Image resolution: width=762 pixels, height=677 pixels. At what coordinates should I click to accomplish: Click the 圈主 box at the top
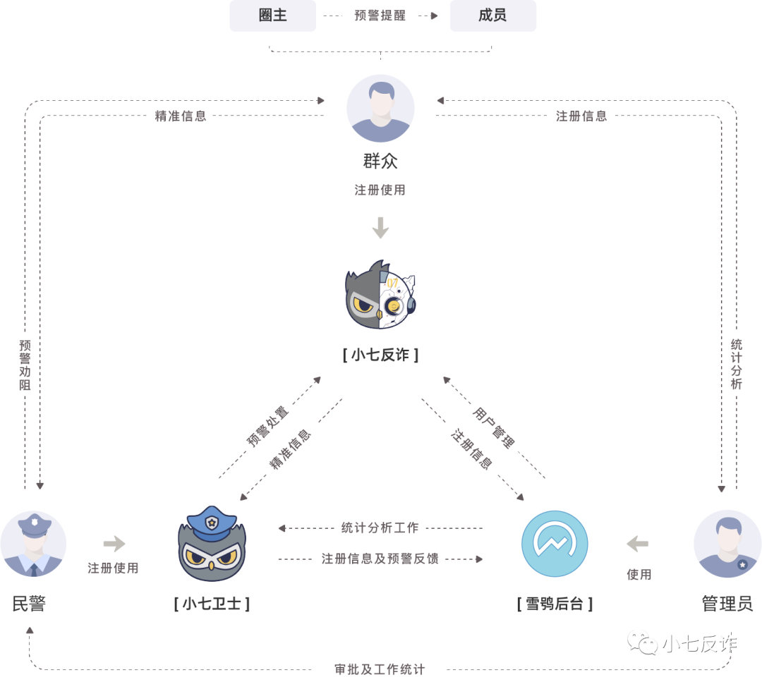click(273, 16)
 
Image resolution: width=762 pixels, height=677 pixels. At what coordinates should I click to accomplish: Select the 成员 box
click(492, 16)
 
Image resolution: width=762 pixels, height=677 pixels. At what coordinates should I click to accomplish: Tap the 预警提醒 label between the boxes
click(380, 16)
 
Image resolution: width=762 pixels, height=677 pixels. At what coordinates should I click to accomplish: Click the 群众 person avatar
click(380, 109)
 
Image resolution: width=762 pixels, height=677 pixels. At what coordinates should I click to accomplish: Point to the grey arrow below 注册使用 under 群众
click(380, 228)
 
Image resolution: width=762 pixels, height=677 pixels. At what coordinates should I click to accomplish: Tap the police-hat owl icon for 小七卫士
click(211, 544)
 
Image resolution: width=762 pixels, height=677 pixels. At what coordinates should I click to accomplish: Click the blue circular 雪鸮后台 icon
click(555, 544)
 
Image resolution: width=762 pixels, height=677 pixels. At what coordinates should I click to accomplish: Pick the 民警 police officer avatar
click(33, 545)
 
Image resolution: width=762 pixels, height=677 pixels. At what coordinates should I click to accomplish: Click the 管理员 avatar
click(727, 545)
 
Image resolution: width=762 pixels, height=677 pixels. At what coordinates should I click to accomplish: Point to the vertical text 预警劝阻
click(25, 365)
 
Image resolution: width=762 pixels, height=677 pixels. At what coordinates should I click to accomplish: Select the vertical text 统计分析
click(737, 364)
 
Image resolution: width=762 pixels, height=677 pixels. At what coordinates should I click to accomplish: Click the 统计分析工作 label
click(380, 527)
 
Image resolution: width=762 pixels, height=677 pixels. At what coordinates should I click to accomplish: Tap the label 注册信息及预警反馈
click(380, 559)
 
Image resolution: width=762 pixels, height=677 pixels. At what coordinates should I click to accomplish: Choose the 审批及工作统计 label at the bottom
click(380, 669)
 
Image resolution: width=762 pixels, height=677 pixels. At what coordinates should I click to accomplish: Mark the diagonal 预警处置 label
click(268, 426)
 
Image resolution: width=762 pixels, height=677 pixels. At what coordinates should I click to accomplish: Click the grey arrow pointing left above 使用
click(637, 544)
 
